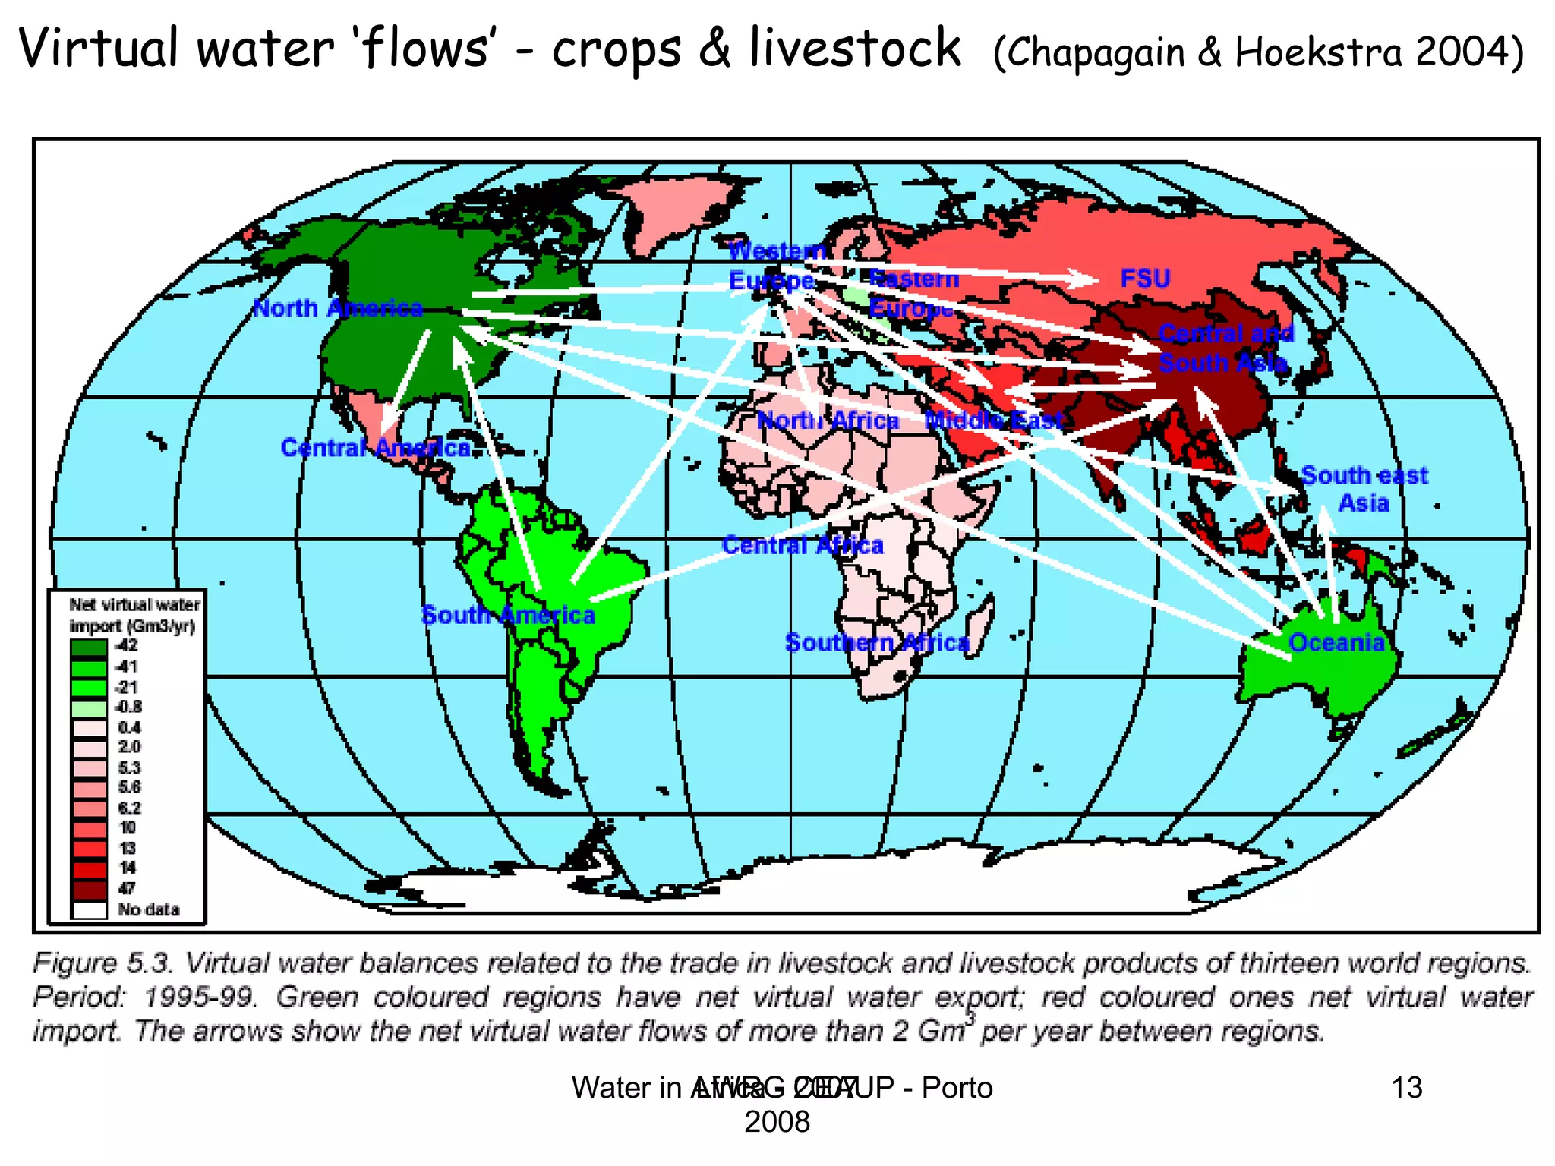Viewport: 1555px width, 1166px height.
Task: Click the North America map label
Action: click(337, 308)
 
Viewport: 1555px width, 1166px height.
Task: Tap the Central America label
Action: click(375, 448)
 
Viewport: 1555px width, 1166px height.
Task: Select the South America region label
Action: click(508, 615)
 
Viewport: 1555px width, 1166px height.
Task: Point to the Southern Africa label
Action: click(877, 643)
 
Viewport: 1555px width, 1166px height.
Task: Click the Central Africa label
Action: click(803, 545)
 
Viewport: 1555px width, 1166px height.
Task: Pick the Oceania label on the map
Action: click(1336, 643)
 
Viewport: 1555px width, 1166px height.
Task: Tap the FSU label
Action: click(1145, 279)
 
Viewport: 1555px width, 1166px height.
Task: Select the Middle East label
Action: click(994, 420)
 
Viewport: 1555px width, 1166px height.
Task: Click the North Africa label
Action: click(828, 420)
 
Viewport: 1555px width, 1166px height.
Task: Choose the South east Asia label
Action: click(1364, 489)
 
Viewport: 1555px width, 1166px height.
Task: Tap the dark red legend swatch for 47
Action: click(89, 889)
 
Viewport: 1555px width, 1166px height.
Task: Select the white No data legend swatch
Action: click(89, 909)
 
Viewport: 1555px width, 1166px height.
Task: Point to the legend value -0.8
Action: click(128, 707)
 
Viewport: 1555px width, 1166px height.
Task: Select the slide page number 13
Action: click(1406, 1088)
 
